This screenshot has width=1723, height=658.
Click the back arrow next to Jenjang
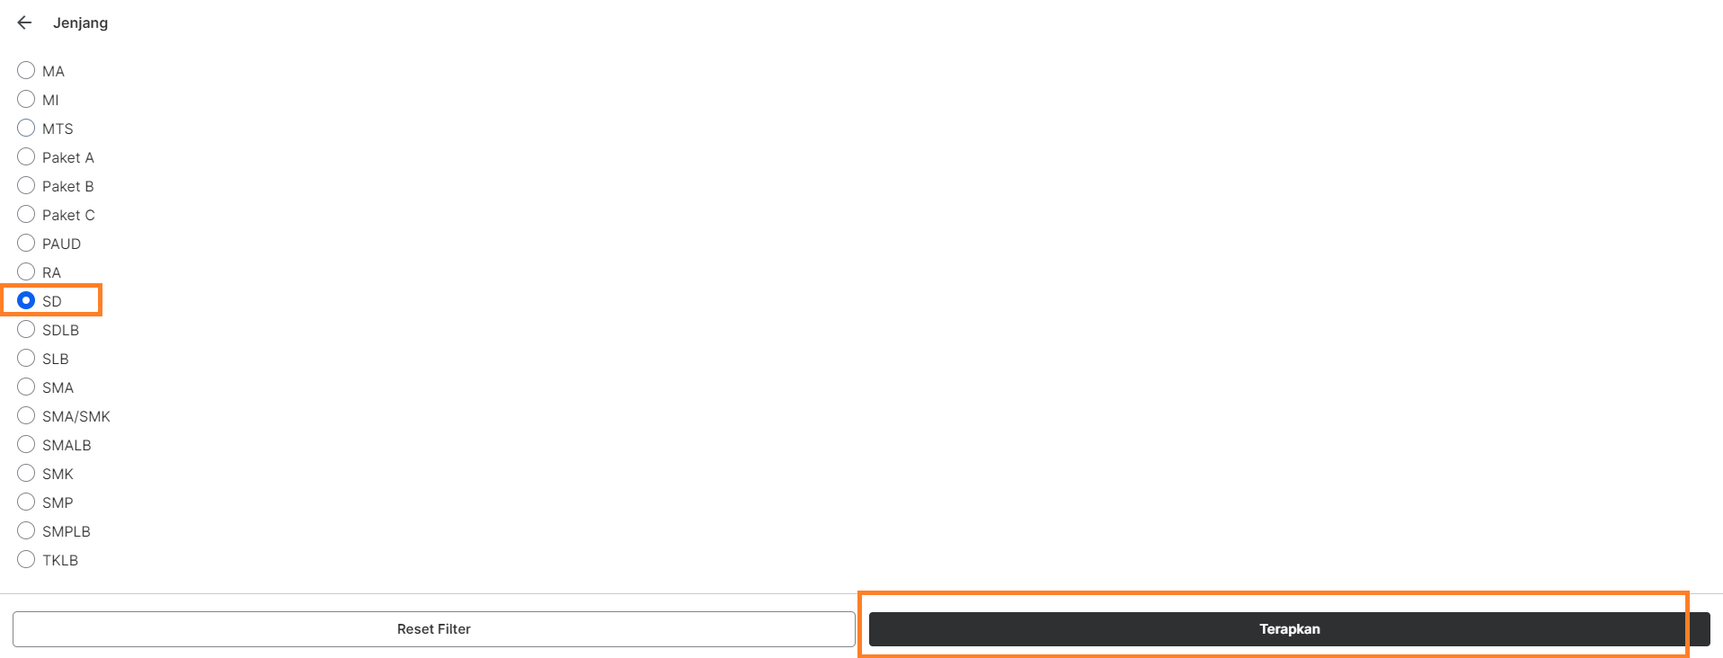[x=24, y=22]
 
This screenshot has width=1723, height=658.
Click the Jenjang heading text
[x=80, y=22]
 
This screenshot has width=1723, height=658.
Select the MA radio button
[x=26, y=70]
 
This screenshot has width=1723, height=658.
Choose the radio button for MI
[x=26, y=99]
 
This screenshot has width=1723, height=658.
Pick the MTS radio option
[x=26, y=128]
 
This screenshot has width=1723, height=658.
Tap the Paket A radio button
[x=26, y=156]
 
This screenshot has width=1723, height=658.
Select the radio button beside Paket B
[x=26, y=185]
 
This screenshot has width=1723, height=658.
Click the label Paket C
[x=68, y=215]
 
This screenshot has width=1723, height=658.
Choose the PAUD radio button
[x=26, y=243]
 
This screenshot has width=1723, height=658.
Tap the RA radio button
[x=26, y=271]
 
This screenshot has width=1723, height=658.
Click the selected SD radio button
[x=26, y=300]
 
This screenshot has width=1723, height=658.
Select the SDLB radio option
[x=26, y=329]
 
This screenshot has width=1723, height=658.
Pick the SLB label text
[x=56, y=359]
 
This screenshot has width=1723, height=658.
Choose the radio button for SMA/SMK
[x=26, y=415]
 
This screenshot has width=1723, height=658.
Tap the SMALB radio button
[x=26, y=444]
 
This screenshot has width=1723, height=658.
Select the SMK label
[x=58, y=474]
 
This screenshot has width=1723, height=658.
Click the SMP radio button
[x=26, y=502]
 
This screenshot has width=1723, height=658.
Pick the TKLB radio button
[x=26, y=559]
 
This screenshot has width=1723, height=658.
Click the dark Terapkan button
[x=1289, y=629]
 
